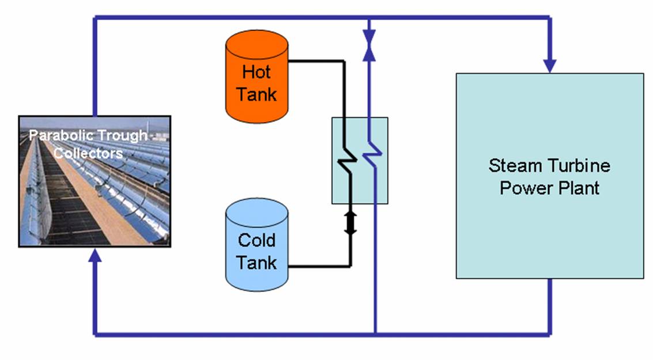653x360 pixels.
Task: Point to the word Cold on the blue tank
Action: point(256,240)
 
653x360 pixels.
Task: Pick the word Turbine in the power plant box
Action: point(577,166)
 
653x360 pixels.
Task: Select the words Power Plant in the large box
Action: point(549,188)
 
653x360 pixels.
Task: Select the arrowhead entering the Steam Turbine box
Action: point(549,65)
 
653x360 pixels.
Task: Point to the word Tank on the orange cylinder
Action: point(256,94)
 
